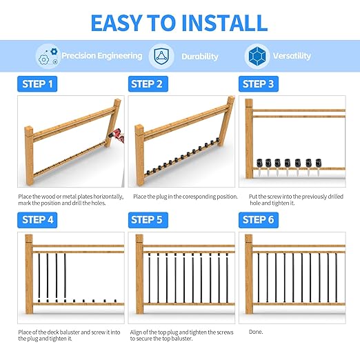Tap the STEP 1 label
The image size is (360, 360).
click(x=37, y=84)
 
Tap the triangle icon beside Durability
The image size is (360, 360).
click(x=161, y=56)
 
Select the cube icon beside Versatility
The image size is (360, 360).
click(x=257, y=56)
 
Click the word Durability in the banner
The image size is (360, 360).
click(x=200, y=57)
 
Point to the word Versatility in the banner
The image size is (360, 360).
click(x=292, y=56)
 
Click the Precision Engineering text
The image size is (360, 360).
click(x=101, y=56)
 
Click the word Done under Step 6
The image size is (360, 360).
click(x=255, y=332)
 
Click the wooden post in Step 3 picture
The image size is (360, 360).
click(x=249, y=141)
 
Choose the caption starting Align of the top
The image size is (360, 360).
click(x=181, y=335)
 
